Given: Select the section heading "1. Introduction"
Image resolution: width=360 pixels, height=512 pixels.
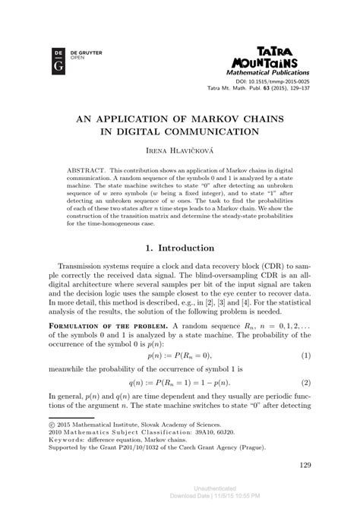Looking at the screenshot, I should (x=180, y=248).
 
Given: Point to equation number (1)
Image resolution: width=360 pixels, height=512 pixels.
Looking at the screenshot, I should (x=305, y=355).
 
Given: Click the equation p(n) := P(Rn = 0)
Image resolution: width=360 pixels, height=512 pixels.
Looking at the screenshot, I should (x=180, y=355).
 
